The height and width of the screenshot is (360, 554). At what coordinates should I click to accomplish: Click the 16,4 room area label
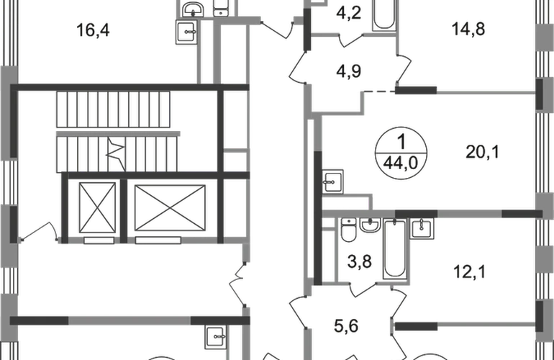tap(93, 30)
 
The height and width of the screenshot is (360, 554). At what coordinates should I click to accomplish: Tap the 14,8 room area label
tap(468, 29)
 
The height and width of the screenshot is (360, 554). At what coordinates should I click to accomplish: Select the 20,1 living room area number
tap(482, 152)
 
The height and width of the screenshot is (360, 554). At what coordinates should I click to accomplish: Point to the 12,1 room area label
tap(470, 272)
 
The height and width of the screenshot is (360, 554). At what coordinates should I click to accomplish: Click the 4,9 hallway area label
tap(348, 71)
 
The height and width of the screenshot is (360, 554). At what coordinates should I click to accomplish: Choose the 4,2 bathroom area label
tap(348, 14)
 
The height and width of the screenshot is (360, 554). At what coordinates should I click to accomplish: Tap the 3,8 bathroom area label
tap(359, 262)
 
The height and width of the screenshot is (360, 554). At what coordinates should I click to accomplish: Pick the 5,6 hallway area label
tap(346, 326)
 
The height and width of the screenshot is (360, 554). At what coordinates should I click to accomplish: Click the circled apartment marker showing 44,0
tap(401, 153)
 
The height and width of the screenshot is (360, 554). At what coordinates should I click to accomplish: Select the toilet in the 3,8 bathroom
tap(349, 230)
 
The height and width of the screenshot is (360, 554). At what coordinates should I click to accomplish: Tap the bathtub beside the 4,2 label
tap(384, 15)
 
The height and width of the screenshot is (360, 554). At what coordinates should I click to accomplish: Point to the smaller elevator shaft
tap(97, 207)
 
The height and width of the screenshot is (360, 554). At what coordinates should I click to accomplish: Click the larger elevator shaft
tap(170, 208)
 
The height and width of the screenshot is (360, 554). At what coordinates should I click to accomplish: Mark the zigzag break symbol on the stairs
tap(117, 154)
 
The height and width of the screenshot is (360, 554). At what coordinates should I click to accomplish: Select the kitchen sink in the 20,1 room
tap(332, 181)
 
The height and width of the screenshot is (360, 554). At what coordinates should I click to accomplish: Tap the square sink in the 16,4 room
tap(186, 32)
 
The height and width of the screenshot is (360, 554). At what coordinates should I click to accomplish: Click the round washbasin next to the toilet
tap(370, 225)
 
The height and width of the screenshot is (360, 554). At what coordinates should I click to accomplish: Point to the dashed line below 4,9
tap(379, 92)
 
